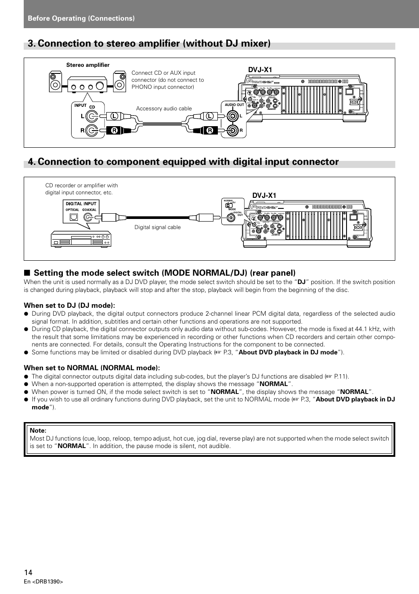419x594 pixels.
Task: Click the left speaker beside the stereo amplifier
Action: point(56,82)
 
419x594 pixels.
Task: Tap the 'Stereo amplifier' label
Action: point(88,65)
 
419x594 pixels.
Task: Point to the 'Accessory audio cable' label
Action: point(164,109)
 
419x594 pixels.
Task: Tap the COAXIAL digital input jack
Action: point(90,216)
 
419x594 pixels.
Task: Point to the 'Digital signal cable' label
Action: point(157,227)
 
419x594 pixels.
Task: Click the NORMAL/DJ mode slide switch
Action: point(228,205)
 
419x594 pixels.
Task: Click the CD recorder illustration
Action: point(81,239)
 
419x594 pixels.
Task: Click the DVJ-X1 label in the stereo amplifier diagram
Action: point(260,70)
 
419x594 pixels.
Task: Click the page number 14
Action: point(28,572)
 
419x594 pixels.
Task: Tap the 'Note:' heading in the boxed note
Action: point(38,430)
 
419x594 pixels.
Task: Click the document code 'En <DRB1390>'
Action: point(43,582)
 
